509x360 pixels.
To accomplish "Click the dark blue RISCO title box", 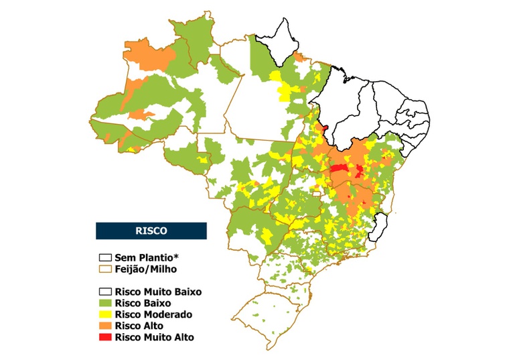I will (x=151, y=230).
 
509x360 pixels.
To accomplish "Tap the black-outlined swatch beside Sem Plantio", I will (x=105, y=257).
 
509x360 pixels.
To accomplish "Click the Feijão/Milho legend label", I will (x=146, y=269).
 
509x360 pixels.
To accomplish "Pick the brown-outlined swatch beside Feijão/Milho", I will (x=105, y=269).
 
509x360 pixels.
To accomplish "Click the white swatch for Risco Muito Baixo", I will (x=105, y=292).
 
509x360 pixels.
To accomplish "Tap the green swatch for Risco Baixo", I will (x=105, y=304).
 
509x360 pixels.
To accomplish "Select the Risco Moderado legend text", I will (x=153, y=314).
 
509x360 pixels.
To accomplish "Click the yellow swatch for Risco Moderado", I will (x=105, y=314).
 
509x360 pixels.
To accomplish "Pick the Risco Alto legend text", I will (x=139, y=326).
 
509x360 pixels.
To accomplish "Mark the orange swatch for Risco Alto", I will (x=105, y=326).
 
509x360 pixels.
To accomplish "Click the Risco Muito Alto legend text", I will (x=154, y=337).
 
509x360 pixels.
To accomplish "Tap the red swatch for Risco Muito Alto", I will (x=105, y=337).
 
